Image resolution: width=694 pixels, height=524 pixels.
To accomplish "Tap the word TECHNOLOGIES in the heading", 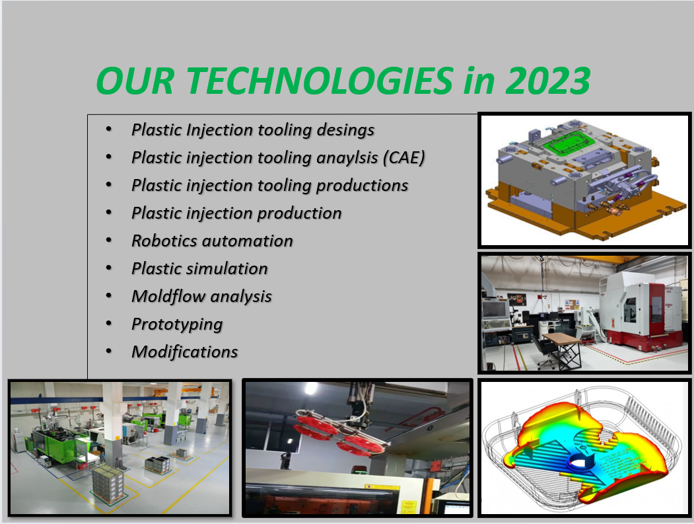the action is (319, 81).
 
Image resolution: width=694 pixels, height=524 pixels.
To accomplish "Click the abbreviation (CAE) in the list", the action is (404, 158).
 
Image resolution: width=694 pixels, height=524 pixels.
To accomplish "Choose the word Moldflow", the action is (168, 296).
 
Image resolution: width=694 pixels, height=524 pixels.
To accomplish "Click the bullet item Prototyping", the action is (177, 324).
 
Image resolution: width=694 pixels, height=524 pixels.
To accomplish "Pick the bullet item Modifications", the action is (185, 352).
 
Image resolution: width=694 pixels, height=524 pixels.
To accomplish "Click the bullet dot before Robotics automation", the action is (109, 241).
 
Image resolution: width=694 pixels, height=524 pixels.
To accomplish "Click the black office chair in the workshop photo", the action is (544, 353).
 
